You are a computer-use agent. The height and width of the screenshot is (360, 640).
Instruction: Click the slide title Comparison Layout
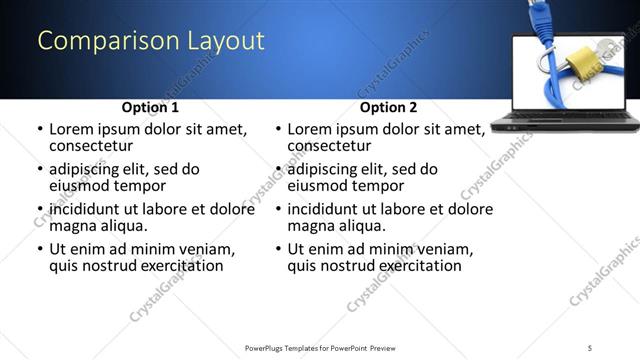tap(151, 41)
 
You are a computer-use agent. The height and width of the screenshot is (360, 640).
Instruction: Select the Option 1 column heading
tap(151, 107)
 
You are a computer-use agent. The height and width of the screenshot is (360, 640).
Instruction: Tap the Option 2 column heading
tap(389, 107)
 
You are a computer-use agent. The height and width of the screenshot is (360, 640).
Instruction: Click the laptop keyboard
tap(565, 119)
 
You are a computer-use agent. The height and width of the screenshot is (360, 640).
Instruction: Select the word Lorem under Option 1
tap(74, 129)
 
